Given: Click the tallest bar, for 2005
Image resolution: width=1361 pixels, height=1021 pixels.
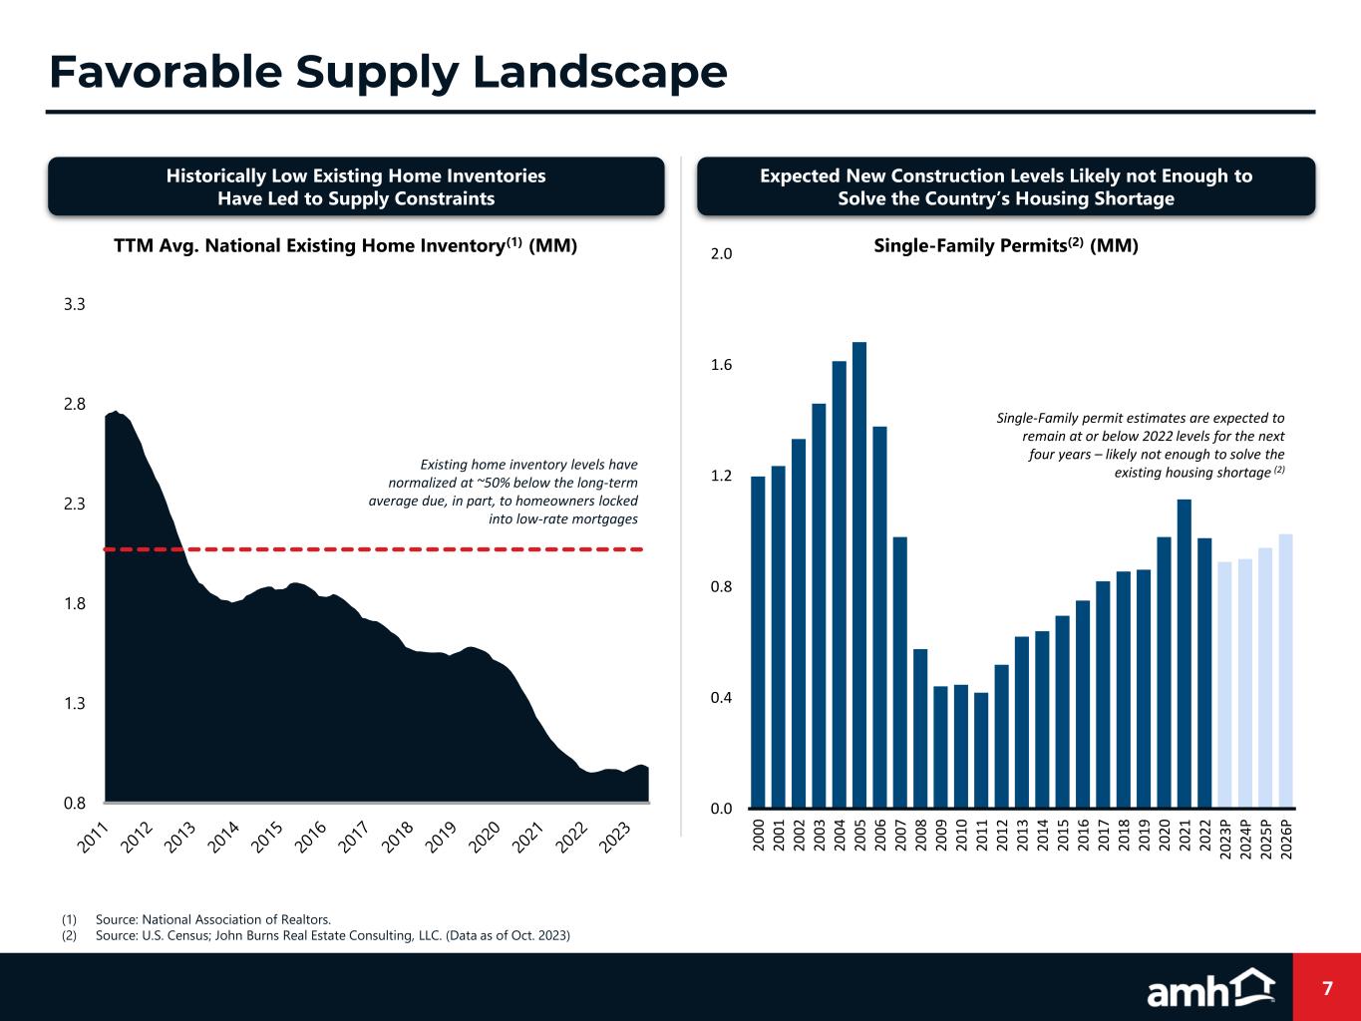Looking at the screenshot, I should tap(859, 574).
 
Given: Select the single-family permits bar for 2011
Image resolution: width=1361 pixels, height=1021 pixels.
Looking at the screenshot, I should tap(981, 750).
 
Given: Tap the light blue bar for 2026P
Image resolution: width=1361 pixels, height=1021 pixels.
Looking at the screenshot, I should tap(1286, 671).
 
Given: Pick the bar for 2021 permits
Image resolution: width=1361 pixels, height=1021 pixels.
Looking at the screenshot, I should tap(1185, 653).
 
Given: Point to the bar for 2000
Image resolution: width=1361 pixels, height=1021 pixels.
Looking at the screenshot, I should tap(758, 642).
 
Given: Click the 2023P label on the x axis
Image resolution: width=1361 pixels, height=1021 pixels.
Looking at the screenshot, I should tap(1225, 844).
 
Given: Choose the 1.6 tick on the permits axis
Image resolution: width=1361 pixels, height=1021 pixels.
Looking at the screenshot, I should tap(721, 365).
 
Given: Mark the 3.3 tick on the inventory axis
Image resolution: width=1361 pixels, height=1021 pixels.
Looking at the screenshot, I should tap(74, 304).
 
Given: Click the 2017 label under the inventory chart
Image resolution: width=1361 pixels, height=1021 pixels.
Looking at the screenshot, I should tap(354, 837).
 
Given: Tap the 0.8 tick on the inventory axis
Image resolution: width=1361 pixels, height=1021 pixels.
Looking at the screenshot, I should tap(74, 803).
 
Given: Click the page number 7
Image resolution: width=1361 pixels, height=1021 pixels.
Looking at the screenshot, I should tap(1327, 988).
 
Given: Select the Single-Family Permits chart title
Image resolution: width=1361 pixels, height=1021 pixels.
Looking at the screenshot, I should tap(1005, 245).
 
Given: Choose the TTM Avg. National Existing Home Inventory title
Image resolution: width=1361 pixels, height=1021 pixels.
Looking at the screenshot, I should tap(345, 245).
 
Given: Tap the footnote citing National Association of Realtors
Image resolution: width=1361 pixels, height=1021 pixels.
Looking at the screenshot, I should tap(212, 919).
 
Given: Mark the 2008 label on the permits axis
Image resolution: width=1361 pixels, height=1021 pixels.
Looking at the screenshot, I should tap(920, 833).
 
